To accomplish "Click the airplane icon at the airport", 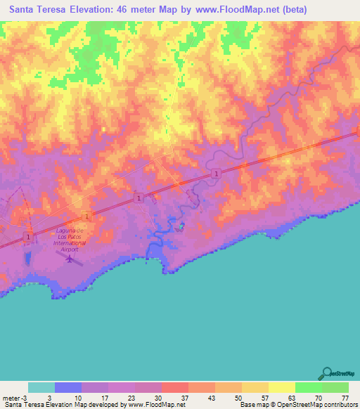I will (x=70, y=259).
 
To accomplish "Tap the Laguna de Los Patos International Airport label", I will (x=70, y=240).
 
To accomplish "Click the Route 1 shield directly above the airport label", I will (x=84, y=215).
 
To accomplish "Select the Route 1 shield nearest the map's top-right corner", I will (x=216, y=173).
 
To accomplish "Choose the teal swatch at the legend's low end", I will (x=41, y=387).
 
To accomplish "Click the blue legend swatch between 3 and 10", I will (x=68, y=387).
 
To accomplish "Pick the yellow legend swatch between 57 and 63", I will (x=281, y=387).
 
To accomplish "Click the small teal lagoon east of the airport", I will (x=182, y=226).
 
